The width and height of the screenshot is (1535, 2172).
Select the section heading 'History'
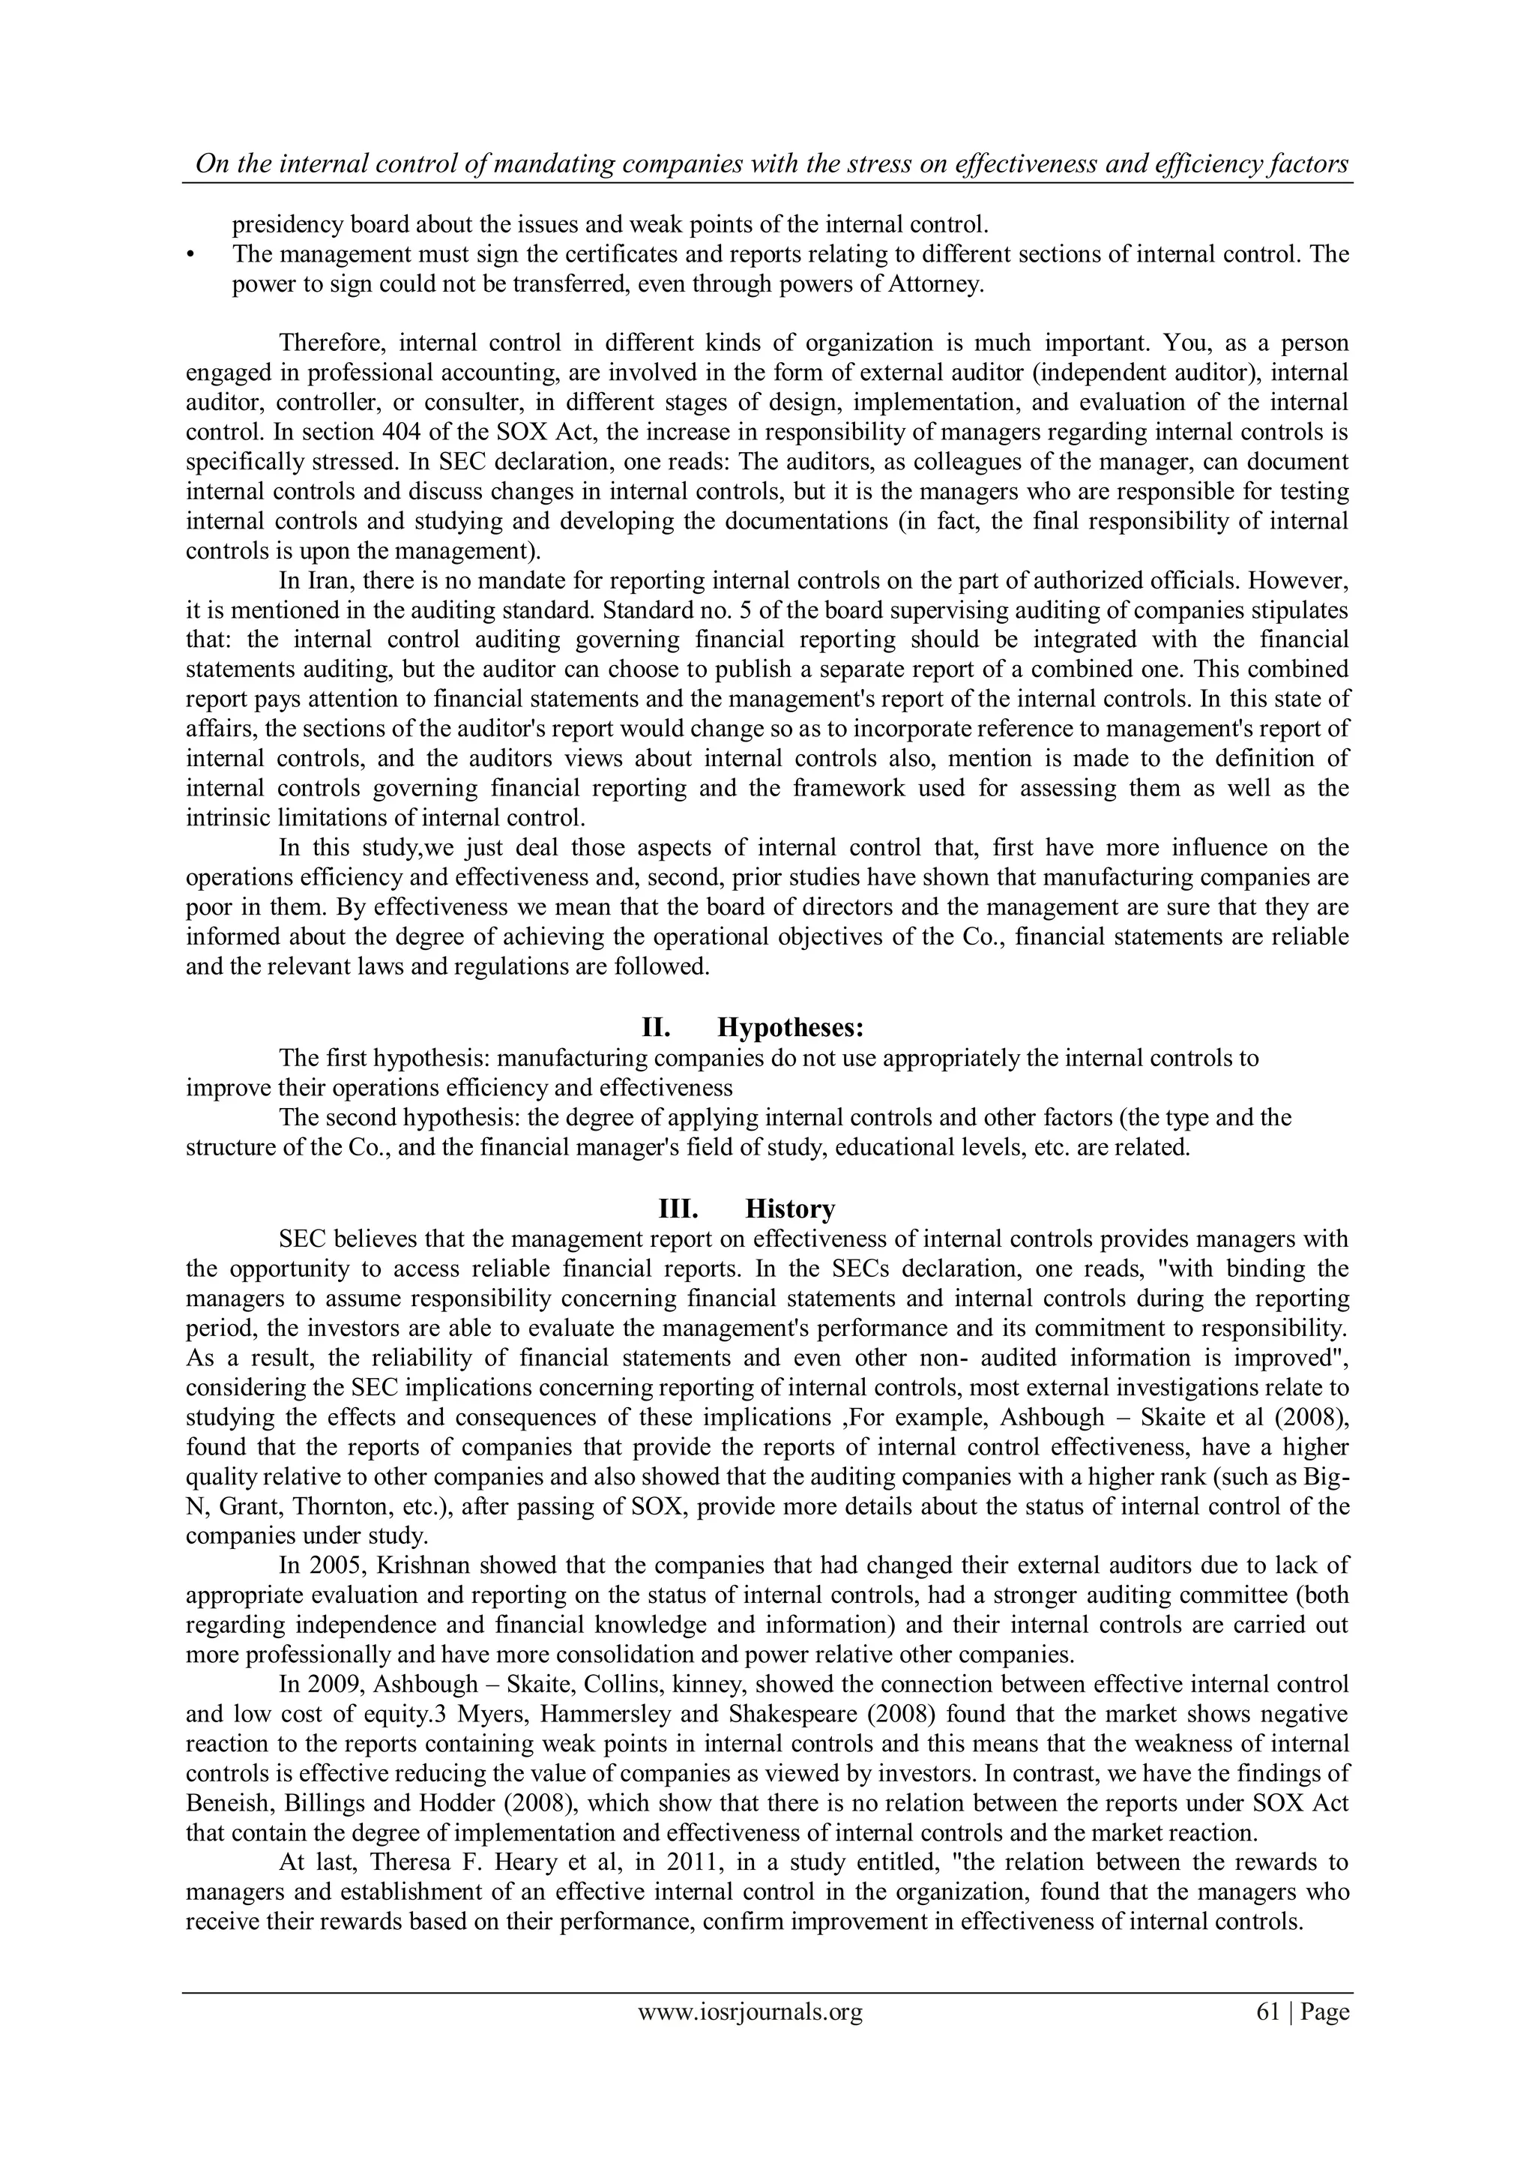pos(790,1209)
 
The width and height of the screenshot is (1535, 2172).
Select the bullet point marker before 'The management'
pos(191,256)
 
